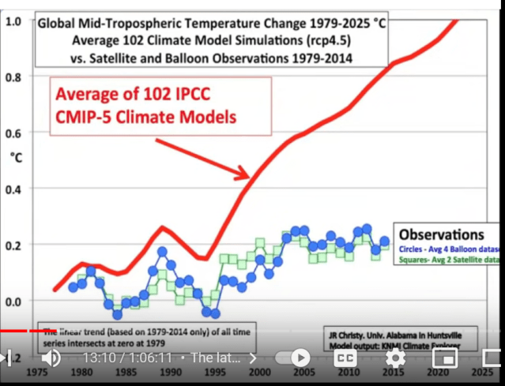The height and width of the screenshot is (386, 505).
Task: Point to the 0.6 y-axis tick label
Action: (x=13, y=133)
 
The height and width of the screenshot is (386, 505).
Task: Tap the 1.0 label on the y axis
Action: (x=13, y=21)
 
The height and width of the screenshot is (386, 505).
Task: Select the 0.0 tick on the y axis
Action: (x=13, y=302)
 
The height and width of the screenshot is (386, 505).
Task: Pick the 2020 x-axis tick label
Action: (x=435, y=372)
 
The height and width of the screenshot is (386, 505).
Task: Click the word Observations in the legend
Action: (x=442, y=234)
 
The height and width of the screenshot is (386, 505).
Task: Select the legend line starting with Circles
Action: (x=448, y=247)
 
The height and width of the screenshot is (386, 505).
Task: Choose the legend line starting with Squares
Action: (x=448, y=259)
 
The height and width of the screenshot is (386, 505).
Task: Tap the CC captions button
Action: (x=345, y=358)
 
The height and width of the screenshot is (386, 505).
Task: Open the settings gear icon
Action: (x=394, y=358)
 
